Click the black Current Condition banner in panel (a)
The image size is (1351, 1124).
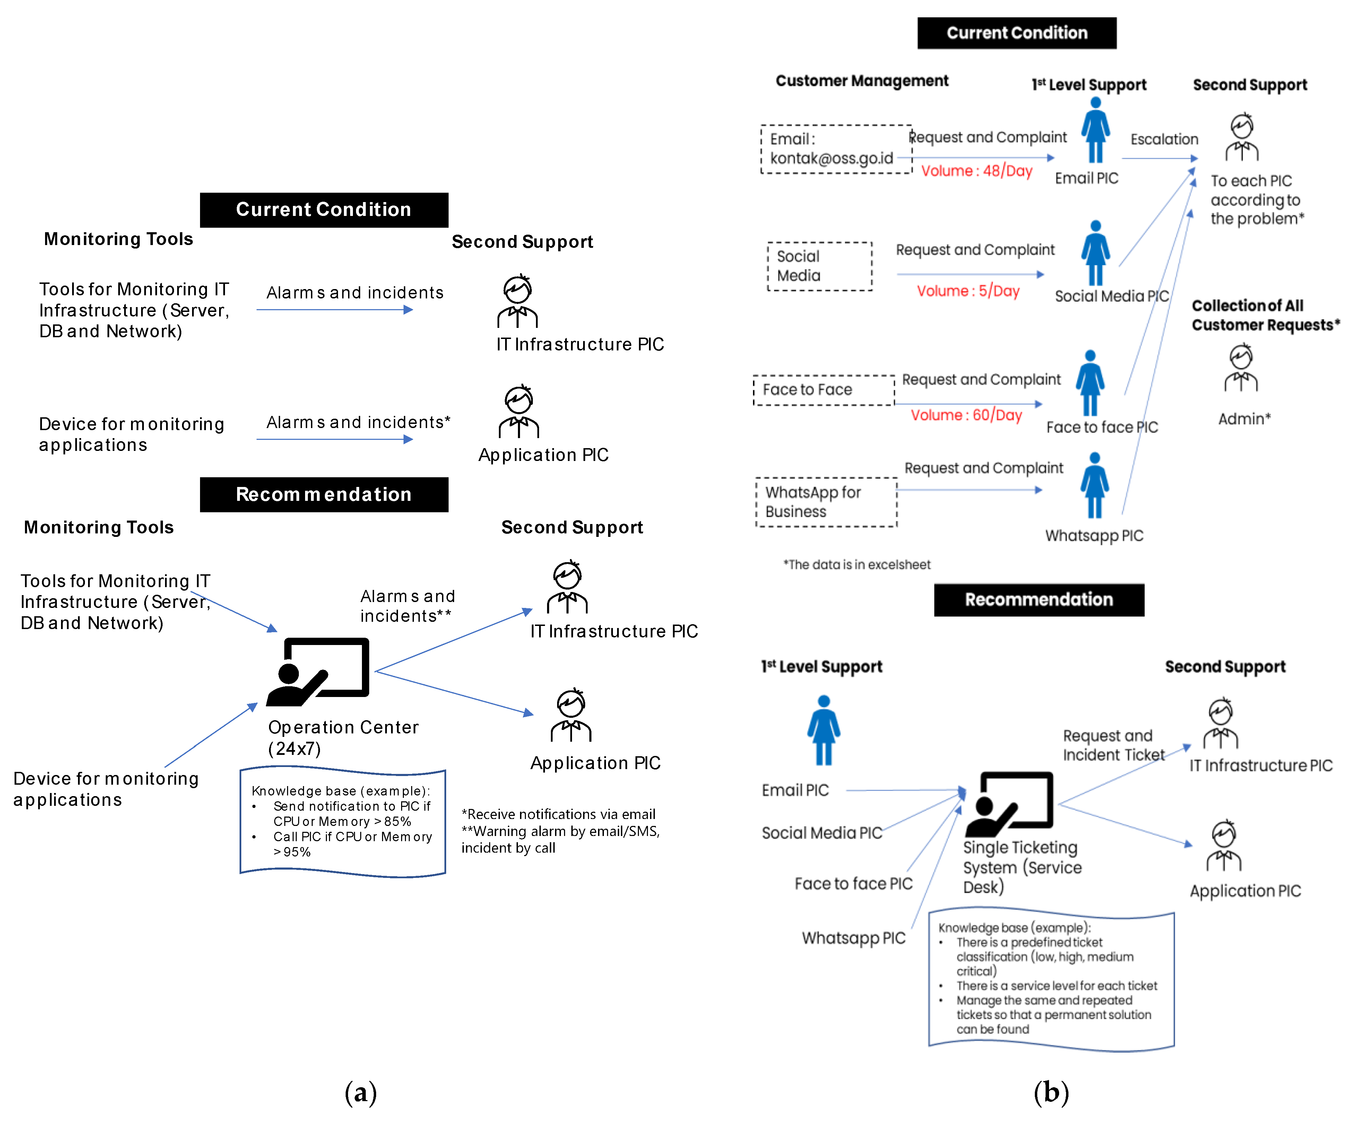pos(323,210)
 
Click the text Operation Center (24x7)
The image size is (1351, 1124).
pos(343,738)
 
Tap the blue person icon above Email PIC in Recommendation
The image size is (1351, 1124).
pos(823,730)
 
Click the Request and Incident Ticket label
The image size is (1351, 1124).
pos(1113,745)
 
